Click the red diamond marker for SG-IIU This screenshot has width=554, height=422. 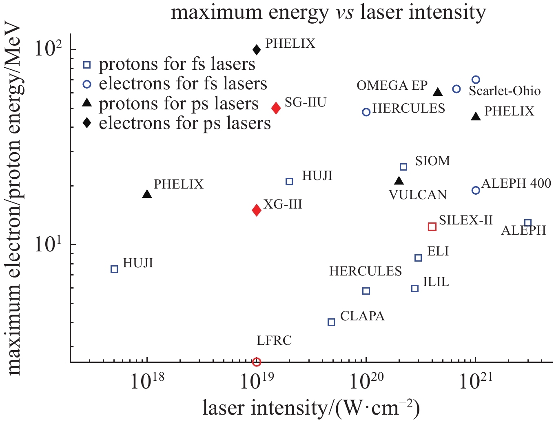[x=276, y=108]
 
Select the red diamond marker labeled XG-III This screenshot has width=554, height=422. [x=257, y=210]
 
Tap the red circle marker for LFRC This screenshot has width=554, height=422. [x=257, y=362]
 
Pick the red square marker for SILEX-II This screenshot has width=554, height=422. [x=432, y=227]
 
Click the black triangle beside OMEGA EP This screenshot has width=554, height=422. [x=438, y=92]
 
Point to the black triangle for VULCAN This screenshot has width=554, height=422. [x=399, y=181]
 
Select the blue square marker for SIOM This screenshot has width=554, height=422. [x=403, y=167]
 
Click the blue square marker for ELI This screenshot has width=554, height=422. [x=418, y=258]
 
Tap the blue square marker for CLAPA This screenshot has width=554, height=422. [x=331, y=322]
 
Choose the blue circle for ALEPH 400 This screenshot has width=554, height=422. [x=476, y=190]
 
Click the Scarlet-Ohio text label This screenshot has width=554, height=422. [x=505, y=91]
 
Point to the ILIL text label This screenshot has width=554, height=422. [x=436, y=282]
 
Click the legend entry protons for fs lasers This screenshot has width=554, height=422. [x=177, y=64]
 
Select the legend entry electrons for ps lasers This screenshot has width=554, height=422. [x=184, y=123]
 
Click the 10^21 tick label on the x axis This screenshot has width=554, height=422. [x=476, y=382]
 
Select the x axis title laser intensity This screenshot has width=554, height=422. [x=311, y=407]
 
